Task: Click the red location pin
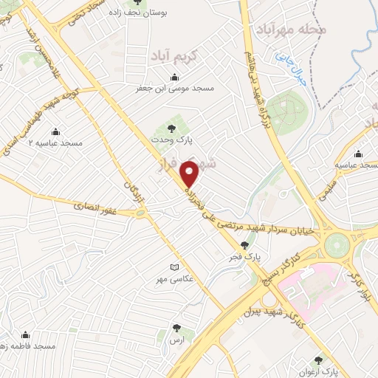[190, 173]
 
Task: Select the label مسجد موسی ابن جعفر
[174, 88]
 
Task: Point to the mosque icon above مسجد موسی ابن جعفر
[175, 77]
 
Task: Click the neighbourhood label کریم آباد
[171, 55]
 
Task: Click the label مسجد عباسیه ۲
[55, 142]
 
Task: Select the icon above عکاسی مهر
[174, 267]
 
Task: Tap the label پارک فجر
[247, 256]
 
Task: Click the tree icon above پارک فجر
[245, 245]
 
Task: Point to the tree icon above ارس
[176, 328]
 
